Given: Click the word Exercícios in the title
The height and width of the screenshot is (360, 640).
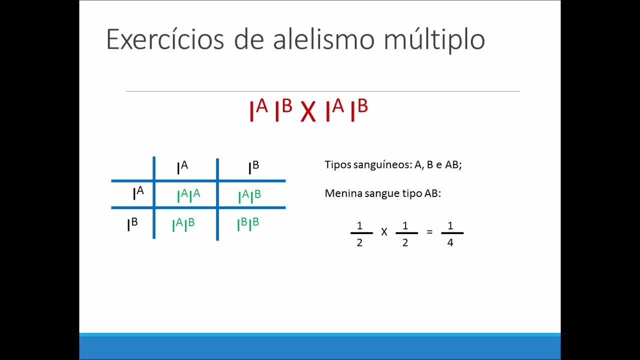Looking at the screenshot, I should [x=164, y=39].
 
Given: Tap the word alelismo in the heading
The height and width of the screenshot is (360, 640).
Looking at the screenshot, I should [x=323, y=39].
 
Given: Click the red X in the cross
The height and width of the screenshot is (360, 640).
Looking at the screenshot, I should [x=308, y=112].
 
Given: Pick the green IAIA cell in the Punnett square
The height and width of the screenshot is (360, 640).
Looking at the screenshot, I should [x=188, y=195].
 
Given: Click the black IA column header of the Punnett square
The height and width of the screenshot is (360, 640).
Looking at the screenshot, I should [x=182, y=167].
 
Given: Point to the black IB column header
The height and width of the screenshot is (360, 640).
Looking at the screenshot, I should [x=253, y=167].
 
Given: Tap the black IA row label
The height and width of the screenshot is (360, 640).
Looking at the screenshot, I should [x=138, y=192].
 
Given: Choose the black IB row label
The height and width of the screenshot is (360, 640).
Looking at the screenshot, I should [x=132, y=224].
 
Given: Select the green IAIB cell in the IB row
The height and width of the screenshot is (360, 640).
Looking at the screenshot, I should [x=183, y=224].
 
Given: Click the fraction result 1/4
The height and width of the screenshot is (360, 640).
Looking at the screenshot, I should [x=450, y=233].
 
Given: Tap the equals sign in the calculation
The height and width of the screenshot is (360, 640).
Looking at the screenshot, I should [x=429, y=232].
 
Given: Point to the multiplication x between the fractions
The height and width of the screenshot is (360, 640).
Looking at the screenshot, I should [x=384, y=232].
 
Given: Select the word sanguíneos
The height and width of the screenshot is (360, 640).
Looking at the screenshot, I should [x=382, y=164].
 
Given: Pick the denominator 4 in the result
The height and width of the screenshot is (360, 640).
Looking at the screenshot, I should [x=450, y=243].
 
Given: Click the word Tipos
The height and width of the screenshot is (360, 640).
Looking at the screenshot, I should [x=337, y=164].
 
